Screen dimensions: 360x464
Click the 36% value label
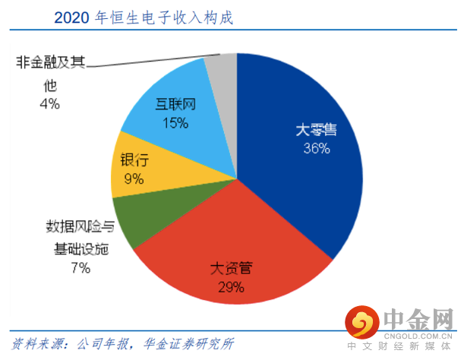tap(317, 149)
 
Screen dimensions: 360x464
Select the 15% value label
tap(175, 122)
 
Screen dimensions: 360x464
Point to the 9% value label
tap(134, 179)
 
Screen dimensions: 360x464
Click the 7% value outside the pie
tap(80, 267)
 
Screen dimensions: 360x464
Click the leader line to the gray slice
tap(152, 61)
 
